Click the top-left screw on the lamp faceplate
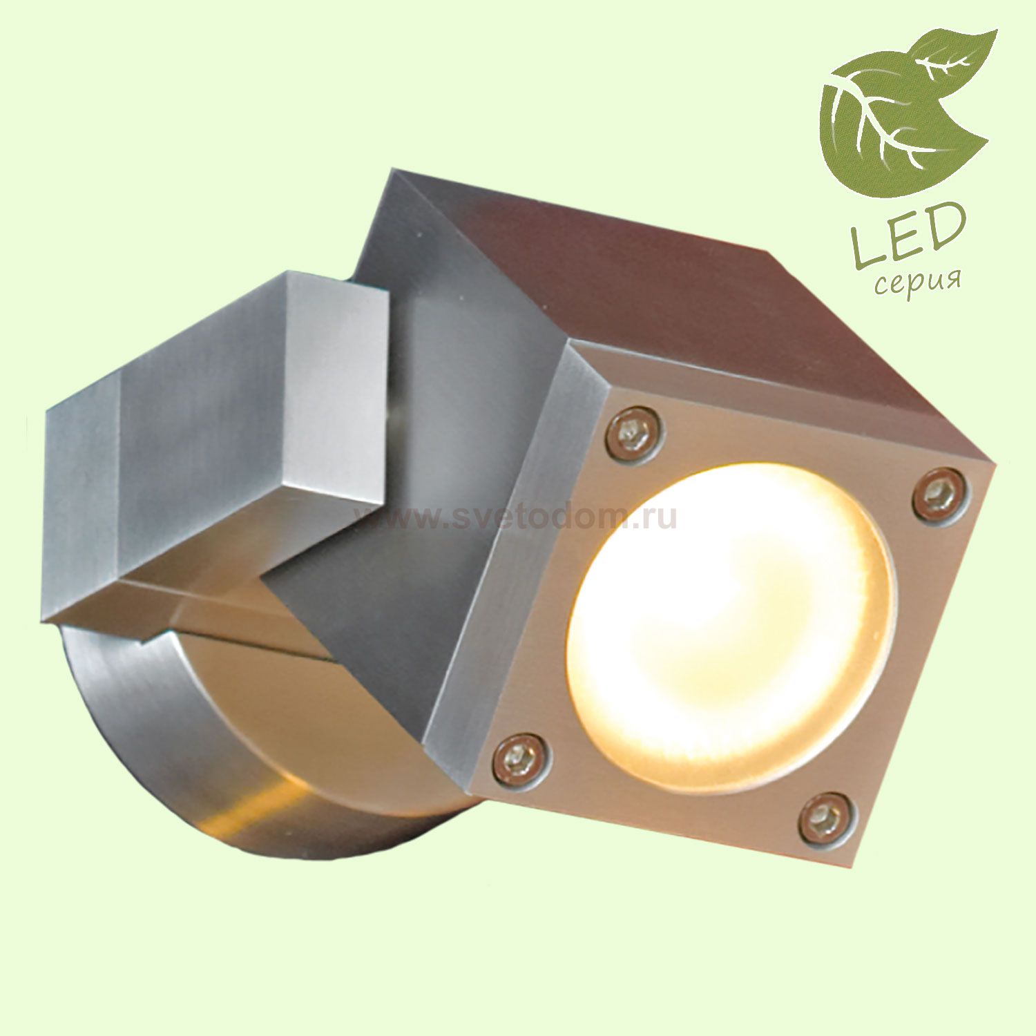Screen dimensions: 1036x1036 pyautogui.click(x=634, y=433)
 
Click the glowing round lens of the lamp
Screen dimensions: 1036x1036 pyautogui.click(x=729, y=629)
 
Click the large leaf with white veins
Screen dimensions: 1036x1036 pyautogui.click(x=877, y=124)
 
